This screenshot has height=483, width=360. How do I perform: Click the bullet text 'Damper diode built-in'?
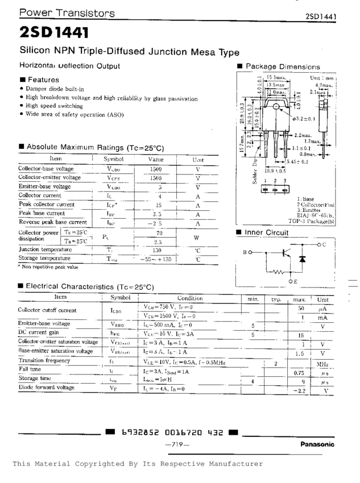click(55, 89)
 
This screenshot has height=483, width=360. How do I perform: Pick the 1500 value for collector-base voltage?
click(156, 169)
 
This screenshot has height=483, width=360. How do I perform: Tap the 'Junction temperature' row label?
click(44, 249)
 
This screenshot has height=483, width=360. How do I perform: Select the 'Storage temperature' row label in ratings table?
click(44, 258)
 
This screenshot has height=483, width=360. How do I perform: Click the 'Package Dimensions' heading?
click(283, 67)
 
